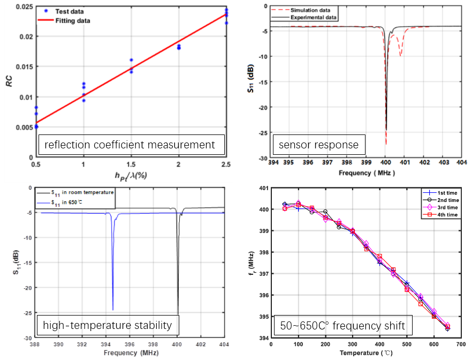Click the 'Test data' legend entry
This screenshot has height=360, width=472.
pyautogui.click(x=67, y=11)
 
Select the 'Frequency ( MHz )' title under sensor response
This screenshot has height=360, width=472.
pyautogui.click(x=367, y=173)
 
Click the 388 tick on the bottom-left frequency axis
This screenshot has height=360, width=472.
pyautogui.click(x=36, y=344)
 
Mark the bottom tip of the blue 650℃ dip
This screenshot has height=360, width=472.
pyautogui.click(x=112, y=310)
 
